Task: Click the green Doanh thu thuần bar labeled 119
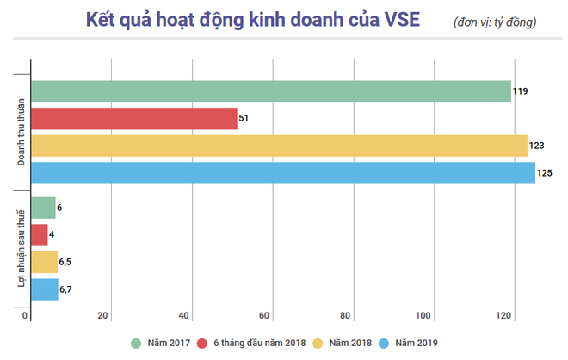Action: click(x=270, y=91)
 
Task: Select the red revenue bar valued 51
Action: click(x=133, y=119)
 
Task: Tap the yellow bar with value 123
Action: click(x=279, y=146)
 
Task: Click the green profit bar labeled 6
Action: click(x=43, y=208)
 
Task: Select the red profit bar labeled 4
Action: click(x=39, y=235)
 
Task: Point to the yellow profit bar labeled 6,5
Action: click(x=44, y=262)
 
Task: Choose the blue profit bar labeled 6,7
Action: click(x=44, y=289)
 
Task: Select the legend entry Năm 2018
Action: click(x=349, y=343)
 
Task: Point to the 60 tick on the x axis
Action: click(x=265, y=315)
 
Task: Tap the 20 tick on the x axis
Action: click(x=102, y=315)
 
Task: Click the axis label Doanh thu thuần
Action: click(x=21, y=132)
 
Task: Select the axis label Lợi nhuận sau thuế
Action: click(x=21, y=250)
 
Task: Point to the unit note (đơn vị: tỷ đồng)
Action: click(x=494, y=22)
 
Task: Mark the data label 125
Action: click(x=545, y=173)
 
